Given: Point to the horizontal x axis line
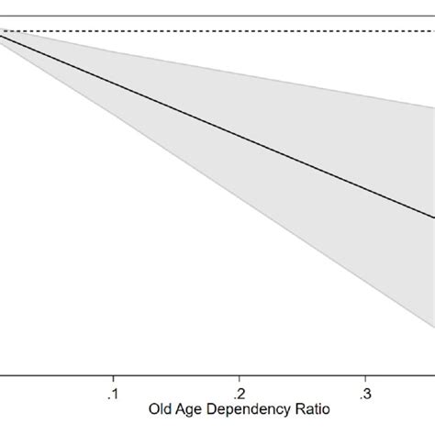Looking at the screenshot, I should [x=184, y=373].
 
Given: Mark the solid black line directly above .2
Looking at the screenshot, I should [x=239, y=136].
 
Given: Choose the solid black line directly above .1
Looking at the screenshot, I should [x=113, y=82].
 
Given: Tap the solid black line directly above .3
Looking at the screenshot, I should [x=365, y=189].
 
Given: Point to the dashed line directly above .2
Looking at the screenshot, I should [x=239, y=32].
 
